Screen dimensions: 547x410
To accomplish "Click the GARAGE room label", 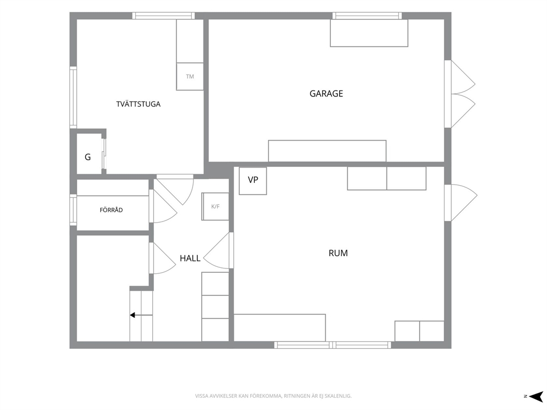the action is click(326, 94).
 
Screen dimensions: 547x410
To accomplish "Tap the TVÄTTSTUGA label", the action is click(138, 104).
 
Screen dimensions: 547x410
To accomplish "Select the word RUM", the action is click(338, 253).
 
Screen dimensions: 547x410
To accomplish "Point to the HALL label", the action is click(190, 258).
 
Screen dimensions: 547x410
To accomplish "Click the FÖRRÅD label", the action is click(111, 210).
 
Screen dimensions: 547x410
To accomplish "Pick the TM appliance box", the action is click(190, 77).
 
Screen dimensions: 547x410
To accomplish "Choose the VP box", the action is click(253, 181).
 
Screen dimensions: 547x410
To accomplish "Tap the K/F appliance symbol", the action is click(215, 207).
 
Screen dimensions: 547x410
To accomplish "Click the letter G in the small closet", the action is click(88, 157).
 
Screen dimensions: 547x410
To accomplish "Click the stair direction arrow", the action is click(141, 315).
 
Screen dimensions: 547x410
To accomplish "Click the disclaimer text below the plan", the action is click(273, 396).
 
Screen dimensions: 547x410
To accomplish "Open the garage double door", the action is click(460, 94).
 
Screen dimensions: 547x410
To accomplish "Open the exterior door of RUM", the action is click(460, 203).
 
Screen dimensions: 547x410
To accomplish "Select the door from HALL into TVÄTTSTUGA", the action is click(175, 190).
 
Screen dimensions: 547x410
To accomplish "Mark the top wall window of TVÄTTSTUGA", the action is click(163, 15).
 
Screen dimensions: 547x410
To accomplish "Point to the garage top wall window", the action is click(367, 15).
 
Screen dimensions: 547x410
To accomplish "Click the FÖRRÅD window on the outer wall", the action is click(73, 210).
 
